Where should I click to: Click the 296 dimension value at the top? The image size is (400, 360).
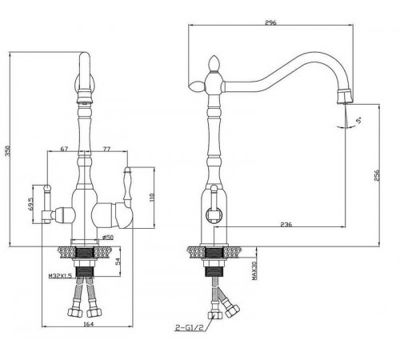(270, 22)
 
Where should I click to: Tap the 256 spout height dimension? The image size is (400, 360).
(377, 175)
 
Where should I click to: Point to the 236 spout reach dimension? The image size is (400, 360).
(286, 224)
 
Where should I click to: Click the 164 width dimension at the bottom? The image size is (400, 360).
(89, 324)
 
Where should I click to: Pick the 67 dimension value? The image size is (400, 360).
(64, 149)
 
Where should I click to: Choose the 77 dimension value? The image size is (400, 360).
(106, 149)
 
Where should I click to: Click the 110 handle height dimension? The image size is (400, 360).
(152, 198)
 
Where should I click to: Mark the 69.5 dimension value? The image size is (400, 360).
(31, 204)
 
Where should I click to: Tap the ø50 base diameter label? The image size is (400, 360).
(108, 237)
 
